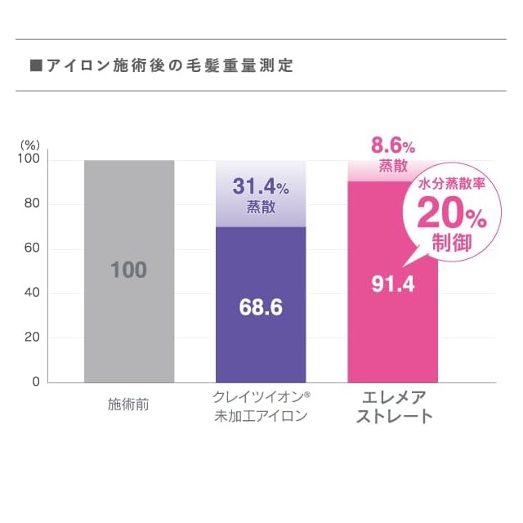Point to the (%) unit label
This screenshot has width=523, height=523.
pos(29,144)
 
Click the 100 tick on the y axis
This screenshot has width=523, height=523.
pos(29,160)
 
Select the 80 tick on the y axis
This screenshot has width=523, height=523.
pos(32,204)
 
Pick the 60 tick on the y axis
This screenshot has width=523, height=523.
pos(32,248)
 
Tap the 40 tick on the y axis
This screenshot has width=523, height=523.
pos(32,293)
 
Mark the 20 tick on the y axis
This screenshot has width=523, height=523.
pos(32,337)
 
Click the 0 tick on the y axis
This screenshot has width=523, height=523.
pos(36,382)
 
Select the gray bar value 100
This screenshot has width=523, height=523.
pos(128,270)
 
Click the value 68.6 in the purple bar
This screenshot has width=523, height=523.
pos(261,308)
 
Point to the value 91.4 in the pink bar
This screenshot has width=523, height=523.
pos(392,284)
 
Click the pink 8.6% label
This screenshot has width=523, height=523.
pos(393,146)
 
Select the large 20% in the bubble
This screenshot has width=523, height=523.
pos(452,215)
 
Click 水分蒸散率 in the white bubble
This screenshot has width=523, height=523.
pos(451,185)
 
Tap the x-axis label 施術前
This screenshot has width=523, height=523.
pos(128,405)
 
